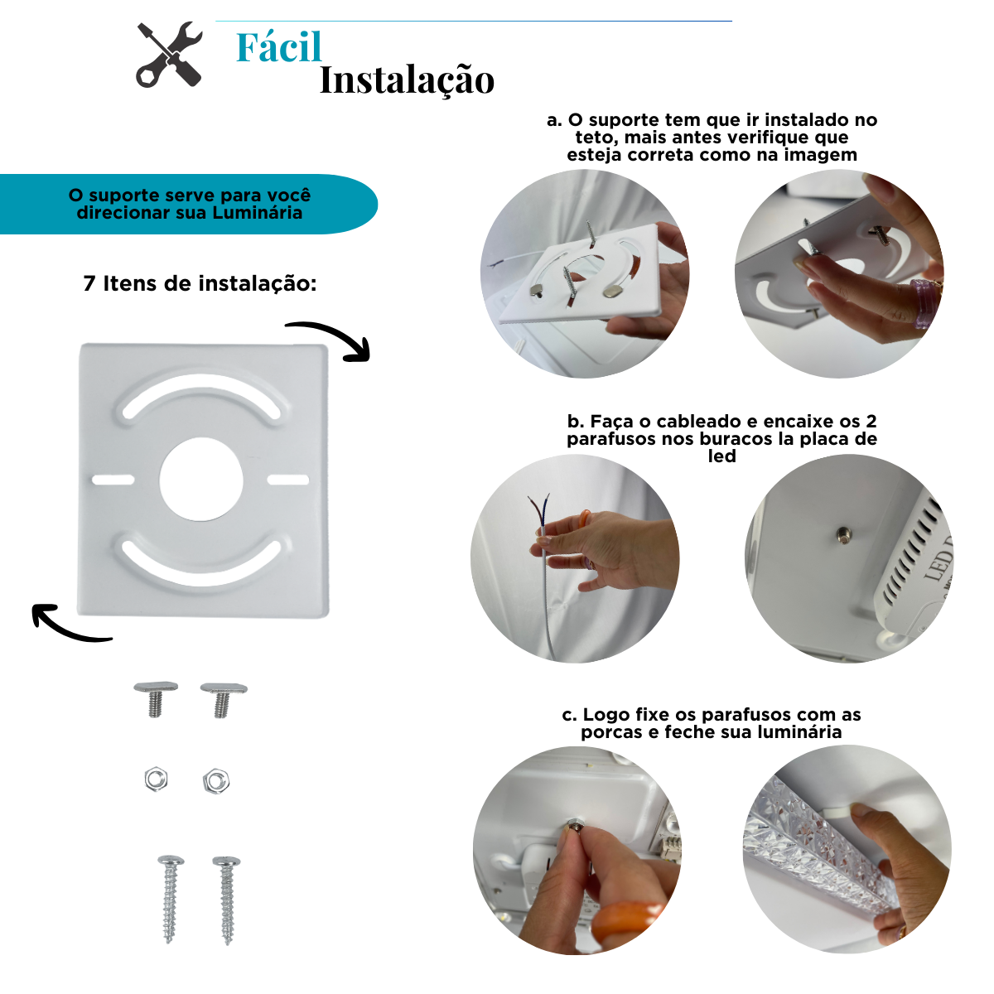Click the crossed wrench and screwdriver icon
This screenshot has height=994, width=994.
point(170,55)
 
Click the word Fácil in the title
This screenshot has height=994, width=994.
point(278,48)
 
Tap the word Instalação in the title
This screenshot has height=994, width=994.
point(407,81)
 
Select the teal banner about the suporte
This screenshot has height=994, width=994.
point(189,204)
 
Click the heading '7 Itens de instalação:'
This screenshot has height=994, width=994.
point(200,283)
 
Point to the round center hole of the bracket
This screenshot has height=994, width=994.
point(201,480)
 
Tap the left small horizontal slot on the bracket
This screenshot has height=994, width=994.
point(113,480)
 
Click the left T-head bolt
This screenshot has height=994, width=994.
point(155,698)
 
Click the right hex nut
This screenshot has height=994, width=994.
point(215,780)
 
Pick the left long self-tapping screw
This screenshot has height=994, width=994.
point(171,899)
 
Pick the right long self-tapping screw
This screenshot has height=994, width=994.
point(226,899)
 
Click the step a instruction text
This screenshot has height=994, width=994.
point(712,138)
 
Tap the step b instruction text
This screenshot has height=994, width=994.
point(721,438)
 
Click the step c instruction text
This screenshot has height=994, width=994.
point(712,723)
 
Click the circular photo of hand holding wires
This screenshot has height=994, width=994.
point(575,558)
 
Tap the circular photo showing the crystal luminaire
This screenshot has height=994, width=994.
point(847,850)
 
